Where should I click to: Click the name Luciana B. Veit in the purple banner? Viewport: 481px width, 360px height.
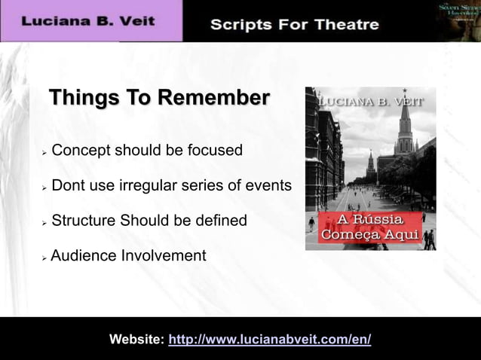[x=88, y=21]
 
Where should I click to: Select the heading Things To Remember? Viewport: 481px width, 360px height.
[x=159, y=99]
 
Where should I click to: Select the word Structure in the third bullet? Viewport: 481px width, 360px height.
[x=85, y=221]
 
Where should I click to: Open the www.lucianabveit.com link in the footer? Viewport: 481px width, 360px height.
[x=270, y=340]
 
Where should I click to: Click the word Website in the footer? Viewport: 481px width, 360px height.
[x=136, y=340]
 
